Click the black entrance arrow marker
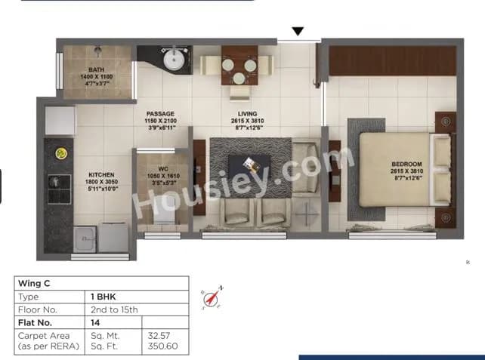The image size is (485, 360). [x=298, y=32]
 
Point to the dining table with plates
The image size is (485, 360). [x=239, y=66]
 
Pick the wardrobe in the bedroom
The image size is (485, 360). [x=393, y=60]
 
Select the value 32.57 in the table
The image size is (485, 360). [x=156, y=333]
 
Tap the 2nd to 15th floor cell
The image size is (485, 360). [x=113, y=309]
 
